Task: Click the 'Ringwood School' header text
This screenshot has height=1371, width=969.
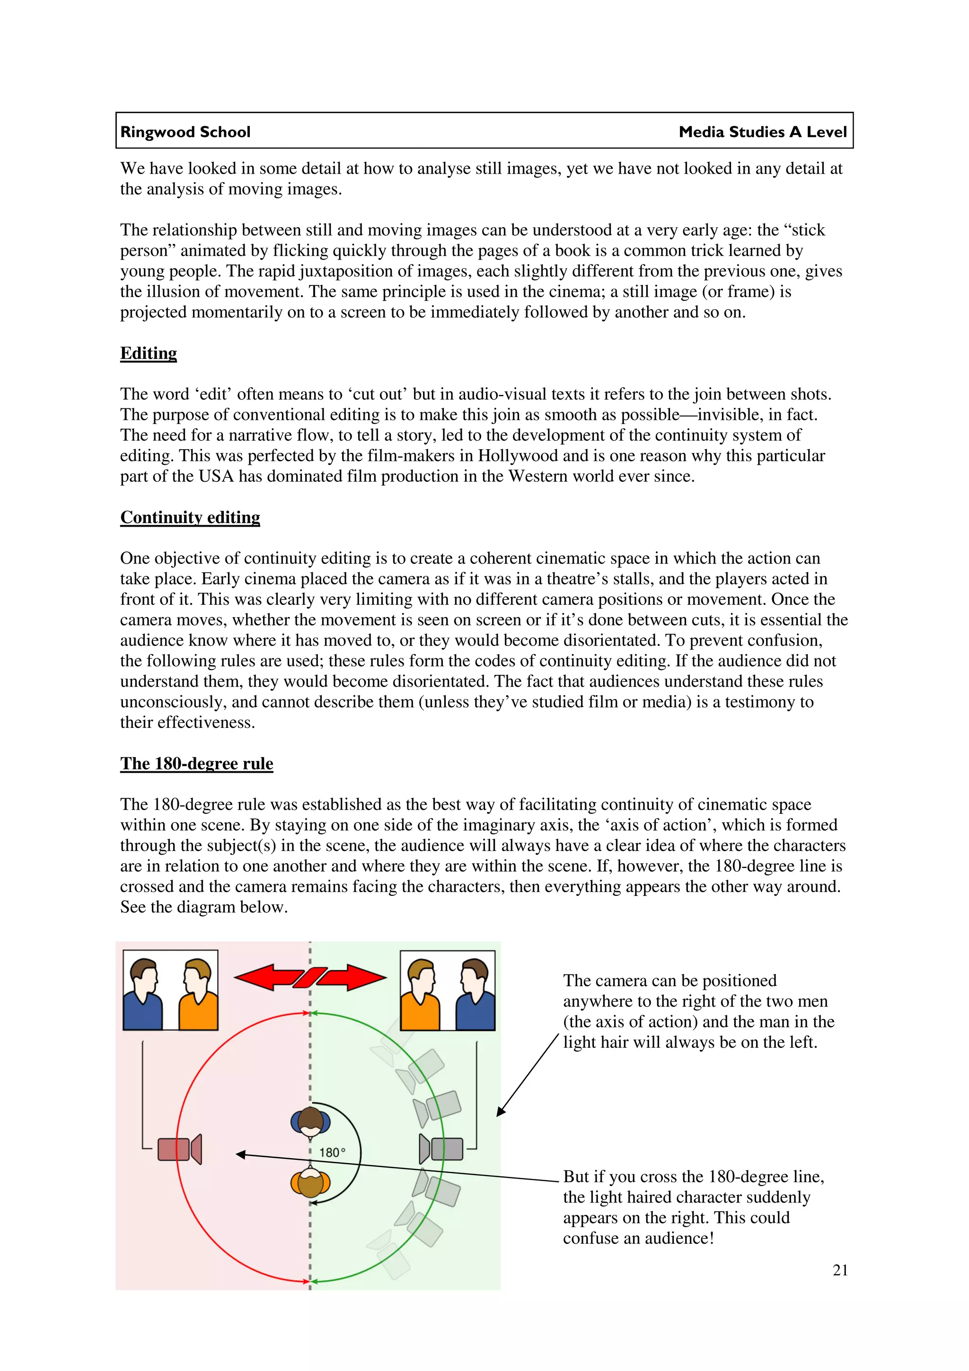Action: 185,132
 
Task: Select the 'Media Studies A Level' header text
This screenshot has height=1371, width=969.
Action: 762,132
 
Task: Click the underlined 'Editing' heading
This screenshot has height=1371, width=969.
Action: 149,353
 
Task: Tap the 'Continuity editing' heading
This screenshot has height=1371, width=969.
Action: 190,517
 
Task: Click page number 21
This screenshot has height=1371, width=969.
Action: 840,1270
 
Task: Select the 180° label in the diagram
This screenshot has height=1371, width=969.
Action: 332,1152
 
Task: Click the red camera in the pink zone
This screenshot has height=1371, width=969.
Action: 179,1149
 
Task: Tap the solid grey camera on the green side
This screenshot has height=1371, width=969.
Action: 441,1149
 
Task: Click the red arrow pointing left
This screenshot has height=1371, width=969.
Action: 269,978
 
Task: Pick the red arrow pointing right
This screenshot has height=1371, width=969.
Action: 352,978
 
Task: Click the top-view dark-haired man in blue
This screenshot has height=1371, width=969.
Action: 310,1122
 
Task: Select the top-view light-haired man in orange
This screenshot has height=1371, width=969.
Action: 310,1183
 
